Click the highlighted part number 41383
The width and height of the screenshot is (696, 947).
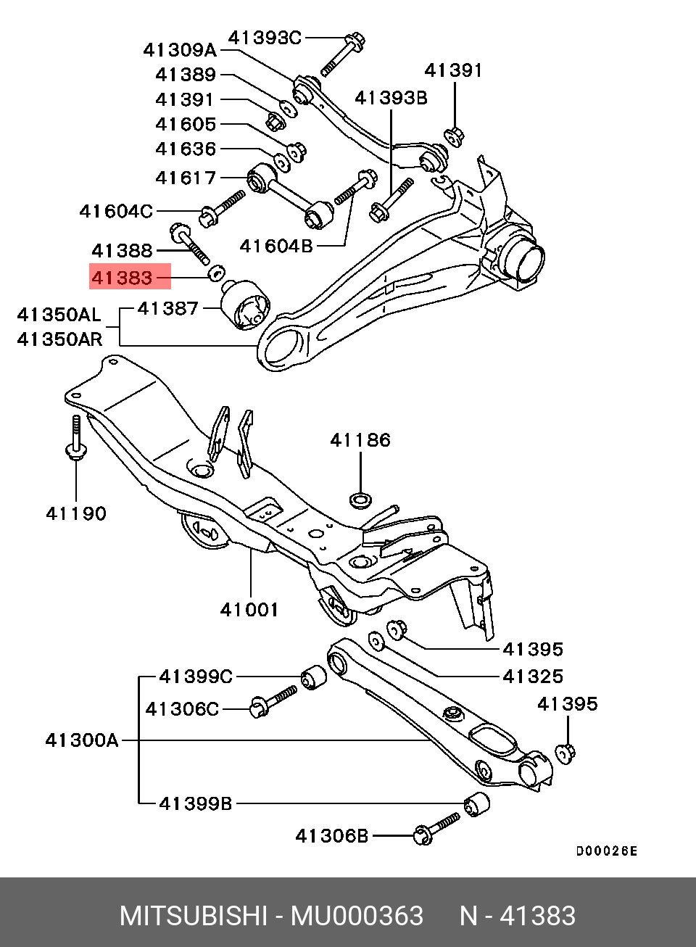click(x=122, y=277)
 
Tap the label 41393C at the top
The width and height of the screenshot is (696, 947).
click(x=265, y=38)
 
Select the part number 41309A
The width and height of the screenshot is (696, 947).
click(x=180, y=50)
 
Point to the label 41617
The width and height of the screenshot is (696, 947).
click(x=186, y=178)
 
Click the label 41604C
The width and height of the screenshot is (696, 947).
click(x=116, y=211)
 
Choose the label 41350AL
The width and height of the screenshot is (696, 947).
click(x=59, y=315)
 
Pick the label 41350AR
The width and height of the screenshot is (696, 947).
click(x=59, y=339)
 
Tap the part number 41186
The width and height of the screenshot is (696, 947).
click(x=360, y=440)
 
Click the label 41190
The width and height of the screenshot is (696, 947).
click(x=76, y=513)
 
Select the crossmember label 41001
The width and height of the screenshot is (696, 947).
click(x=249, y=610)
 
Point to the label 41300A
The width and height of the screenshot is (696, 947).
click(x=81, y=740)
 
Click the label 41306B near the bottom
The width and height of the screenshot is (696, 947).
click(x=332, y=836)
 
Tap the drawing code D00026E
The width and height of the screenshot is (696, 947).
click(x=607, y=851)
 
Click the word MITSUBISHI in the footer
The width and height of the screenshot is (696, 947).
click(x=194, y=916)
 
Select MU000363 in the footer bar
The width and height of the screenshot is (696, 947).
click(x=357, y=916)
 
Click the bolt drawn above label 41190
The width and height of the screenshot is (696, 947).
click(x=75, y=438)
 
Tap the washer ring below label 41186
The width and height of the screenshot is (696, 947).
click(x=360, y=499)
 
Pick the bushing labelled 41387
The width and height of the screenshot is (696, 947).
click(x=244, y=304)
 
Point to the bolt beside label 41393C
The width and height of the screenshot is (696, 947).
click(x=341, y=53)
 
